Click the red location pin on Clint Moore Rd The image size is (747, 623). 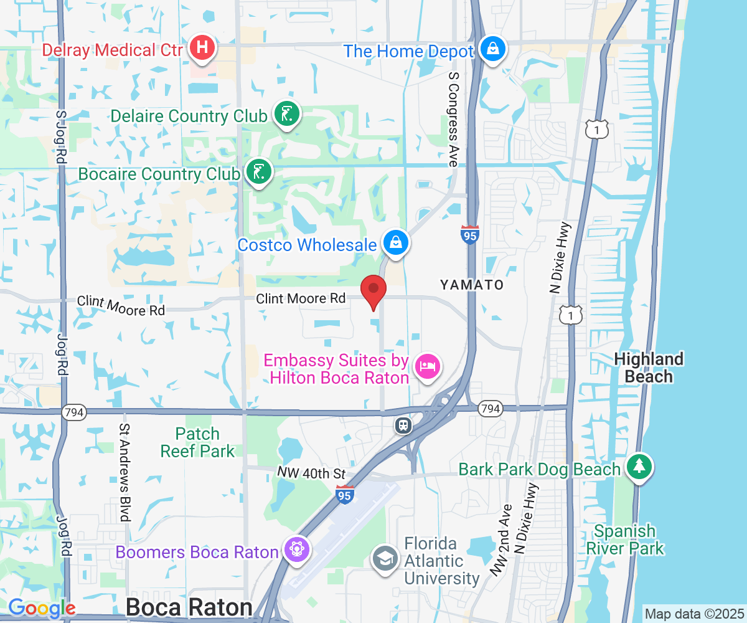(x=374, y=290)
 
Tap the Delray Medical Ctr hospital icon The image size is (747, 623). (x=202, y=47)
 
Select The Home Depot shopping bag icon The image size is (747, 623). (x=492, y=49)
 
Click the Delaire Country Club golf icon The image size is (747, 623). (x=286, y=114)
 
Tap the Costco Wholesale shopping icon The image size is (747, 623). (x=395, y=242)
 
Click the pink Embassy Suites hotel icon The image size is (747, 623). (x=428, y=366)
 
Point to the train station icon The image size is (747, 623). (x=403, y=426)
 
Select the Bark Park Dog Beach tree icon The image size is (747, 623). (x=638, y=466)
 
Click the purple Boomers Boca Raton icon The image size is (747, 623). (x=296, y=549)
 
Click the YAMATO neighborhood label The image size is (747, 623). (x=471, y=285)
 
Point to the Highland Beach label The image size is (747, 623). (x=649, y=368)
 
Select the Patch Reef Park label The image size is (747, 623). (x=198, y=442)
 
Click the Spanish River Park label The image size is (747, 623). (x=624, y=540)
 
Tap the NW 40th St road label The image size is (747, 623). (x=311, y=474)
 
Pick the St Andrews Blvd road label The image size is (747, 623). (x=125, y=472)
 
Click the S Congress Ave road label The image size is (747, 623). (x=453, y=118)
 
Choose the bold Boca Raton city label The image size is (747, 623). (x=189, y=607)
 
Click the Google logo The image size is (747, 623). (x=42, y=608)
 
